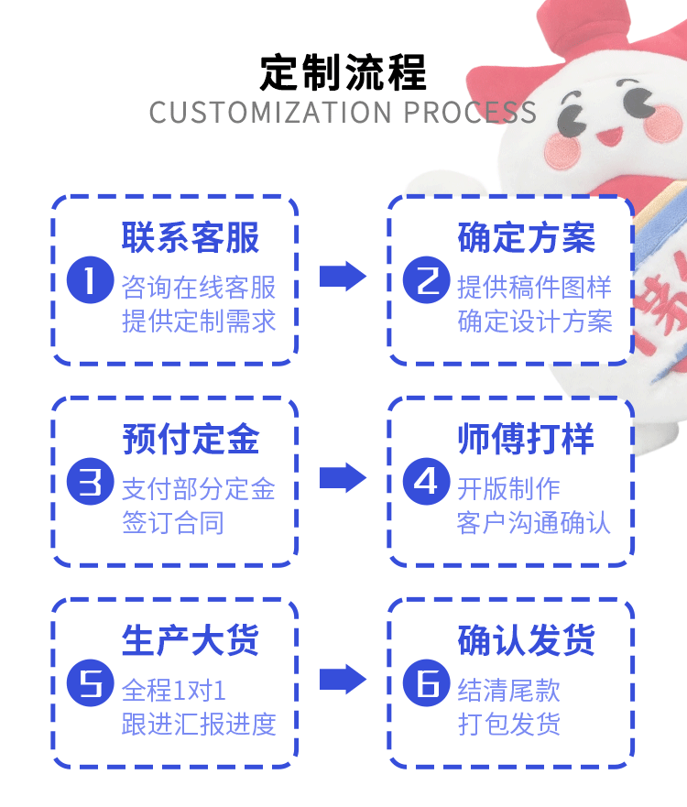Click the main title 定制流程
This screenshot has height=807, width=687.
coord(343,72)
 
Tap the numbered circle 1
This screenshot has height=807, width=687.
coord(91,280)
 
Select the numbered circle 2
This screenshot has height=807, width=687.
coord(427,280)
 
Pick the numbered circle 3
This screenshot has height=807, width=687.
coord(91,482)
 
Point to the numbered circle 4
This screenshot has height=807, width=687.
coord(427,482)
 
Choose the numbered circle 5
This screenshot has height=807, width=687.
coord(91,683)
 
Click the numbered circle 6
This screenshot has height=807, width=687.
coord(427,683)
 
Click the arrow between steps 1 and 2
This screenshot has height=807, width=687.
coord(343,277)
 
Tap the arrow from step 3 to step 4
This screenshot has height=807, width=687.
coord(343,477)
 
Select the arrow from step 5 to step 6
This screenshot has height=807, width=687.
coord(343,680)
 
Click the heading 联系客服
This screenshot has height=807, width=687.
coord(191,238)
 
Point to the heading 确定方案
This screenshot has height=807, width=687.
coord(527,238)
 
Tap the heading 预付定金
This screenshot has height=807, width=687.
coord(191,439)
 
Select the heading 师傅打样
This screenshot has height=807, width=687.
coord(527,439)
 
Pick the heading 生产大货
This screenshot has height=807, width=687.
coord(191,641)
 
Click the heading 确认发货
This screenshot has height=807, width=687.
coord(527,641)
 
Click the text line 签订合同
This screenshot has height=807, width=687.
coord(173,523)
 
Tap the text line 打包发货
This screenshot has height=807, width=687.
coord(509,725)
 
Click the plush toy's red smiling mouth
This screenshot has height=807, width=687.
coord(610,136)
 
